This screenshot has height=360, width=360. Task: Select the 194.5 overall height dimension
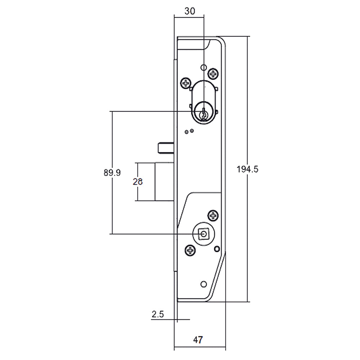(x=248, y=169)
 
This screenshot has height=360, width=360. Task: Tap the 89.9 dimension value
(x=112, y=172)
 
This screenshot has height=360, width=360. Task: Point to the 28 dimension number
(x=138, y=182)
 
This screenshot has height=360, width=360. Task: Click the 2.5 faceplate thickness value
(x=158, y=314)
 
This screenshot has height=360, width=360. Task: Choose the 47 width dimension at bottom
(x=198, y=339)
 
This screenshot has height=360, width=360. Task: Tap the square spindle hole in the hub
(x=204, y=234)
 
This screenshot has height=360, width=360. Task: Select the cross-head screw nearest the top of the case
(x=214, y=74)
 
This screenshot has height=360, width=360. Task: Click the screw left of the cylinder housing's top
(x=186, y=84)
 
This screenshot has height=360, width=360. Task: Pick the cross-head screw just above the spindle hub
(x=214, y=216)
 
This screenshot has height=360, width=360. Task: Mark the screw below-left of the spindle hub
(x=190, y=250)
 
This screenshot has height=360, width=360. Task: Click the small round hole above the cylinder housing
(x=203, y=67)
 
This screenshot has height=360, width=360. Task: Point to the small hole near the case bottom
(x=203, y=283)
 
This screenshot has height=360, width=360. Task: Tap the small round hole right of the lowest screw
(x=216, y=249)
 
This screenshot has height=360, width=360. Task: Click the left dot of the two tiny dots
(x=186, y=132)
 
